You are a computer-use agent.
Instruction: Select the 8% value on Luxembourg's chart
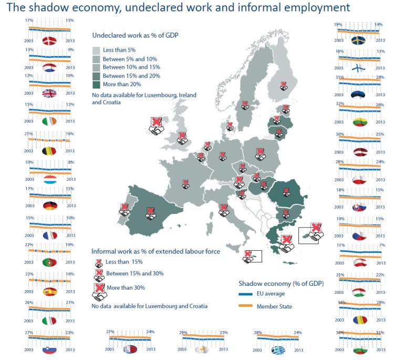[70, 162]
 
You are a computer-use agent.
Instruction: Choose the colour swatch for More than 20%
[97, 84]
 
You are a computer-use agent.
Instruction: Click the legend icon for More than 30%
[98, 291]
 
